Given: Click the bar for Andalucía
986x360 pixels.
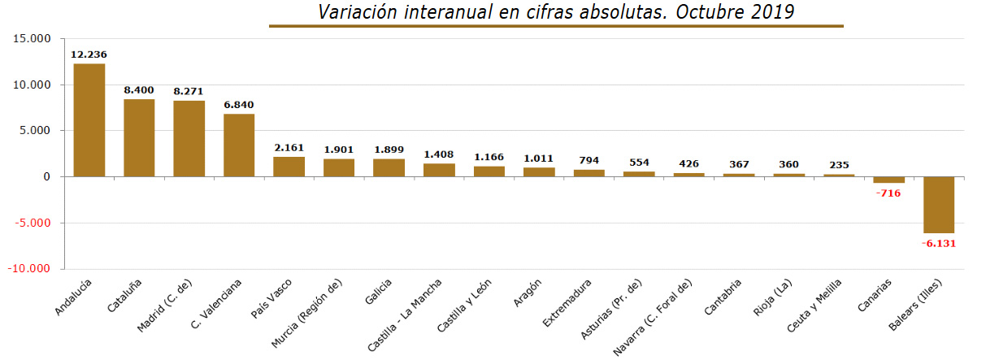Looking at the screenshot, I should (89, 120).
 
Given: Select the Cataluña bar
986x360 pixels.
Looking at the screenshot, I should (139, 138).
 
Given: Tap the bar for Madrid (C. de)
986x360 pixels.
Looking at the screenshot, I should (189, 139).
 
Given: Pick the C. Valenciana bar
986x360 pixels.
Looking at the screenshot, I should (239, 145).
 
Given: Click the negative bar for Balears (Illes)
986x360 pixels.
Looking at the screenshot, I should (938, 205).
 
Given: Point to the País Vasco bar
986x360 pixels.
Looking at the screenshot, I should (289, 167).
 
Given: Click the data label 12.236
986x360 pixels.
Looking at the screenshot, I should (89, 54).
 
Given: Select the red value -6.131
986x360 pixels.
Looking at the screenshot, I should (938, 243).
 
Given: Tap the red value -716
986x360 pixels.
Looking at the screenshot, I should (888, 193).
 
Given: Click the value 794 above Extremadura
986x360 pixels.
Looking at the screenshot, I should (589, 159).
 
